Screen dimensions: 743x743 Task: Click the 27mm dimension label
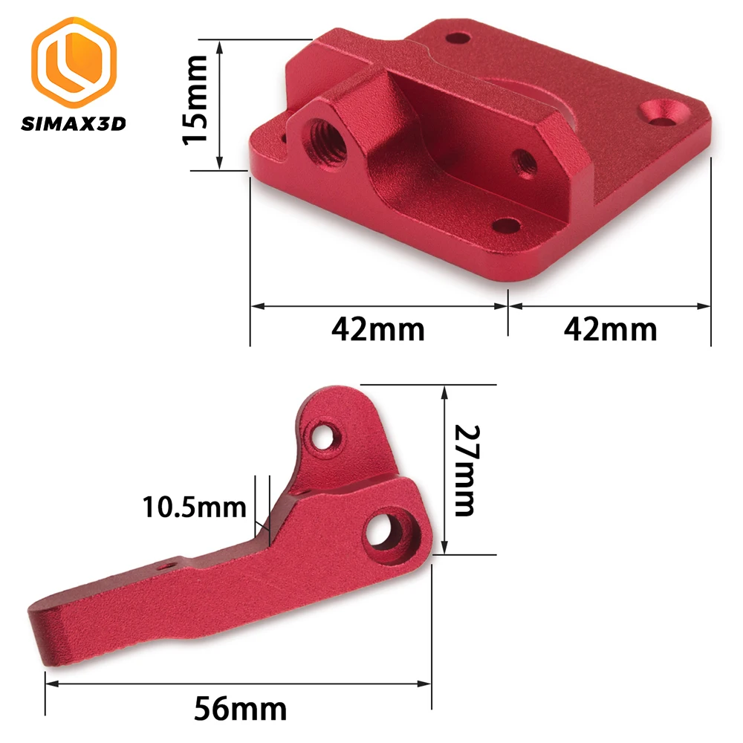point(465,470)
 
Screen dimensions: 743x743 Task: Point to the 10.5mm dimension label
point(194,508)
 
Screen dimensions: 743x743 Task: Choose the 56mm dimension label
point(240,708)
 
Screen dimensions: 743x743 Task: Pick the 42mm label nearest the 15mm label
point(378,328)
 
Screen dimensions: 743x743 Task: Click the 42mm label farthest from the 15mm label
point(611,328)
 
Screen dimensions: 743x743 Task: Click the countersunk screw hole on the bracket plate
point(664,113)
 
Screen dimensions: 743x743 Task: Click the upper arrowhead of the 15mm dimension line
point(219,46)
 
